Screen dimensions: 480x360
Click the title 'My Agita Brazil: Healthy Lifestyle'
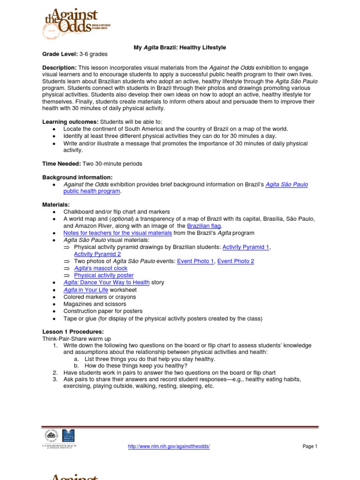click(180, 48)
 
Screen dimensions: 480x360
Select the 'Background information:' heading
click(77, 177)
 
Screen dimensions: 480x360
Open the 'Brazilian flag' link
click(203, 226)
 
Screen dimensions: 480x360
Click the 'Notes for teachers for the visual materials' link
click(118, 233)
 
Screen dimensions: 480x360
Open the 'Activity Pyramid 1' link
click(246, 247)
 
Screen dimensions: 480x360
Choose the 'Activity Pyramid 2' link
click(97, 254)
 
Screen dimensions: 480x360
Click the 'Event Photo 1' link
click(195, 261)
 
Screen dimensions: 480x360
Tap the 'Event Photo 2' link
click(236, 261)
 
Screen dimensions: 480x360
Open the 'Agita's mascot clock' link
click(101, 268)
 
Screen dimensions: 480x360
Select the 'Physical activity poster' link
click(104, 275)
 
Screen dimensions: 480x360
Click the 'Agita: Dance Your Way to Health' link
click(106, 283)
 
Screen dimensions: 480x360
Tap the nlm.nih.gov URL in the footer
click(169, 447)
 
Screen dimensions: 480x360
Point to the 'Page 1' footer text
click(310, 447)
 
